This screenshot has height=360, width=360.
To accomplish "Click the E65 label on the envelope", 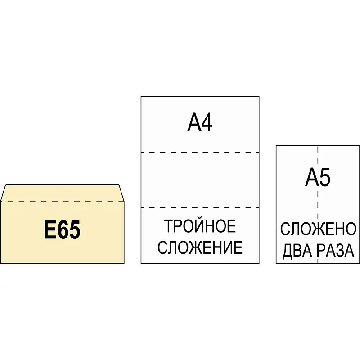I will [x=63, y=230].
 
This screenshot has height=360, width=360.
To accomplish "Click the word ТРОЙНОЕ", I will [x=200, y=226].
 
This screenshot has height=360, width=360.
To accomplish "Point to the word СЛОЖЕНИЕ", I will [x=200, y=247].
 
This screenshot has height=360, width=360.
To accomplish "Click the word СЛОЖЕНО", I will [x=318, y=229].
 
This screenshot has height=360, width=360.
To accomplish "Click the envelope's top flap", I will [x=62, y=193].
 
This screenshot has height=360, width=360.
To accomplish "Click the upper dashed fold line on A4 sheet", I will [x=200, y=152].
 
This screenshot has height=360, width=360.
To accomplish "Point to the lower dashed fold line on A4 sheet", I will [x=200, y=208].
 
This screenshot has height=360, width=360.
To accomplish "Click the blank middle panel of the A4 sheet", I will [x=200, y=180].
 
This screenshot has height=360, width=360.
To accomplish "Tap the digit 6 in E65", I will [x=63, y=230].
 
